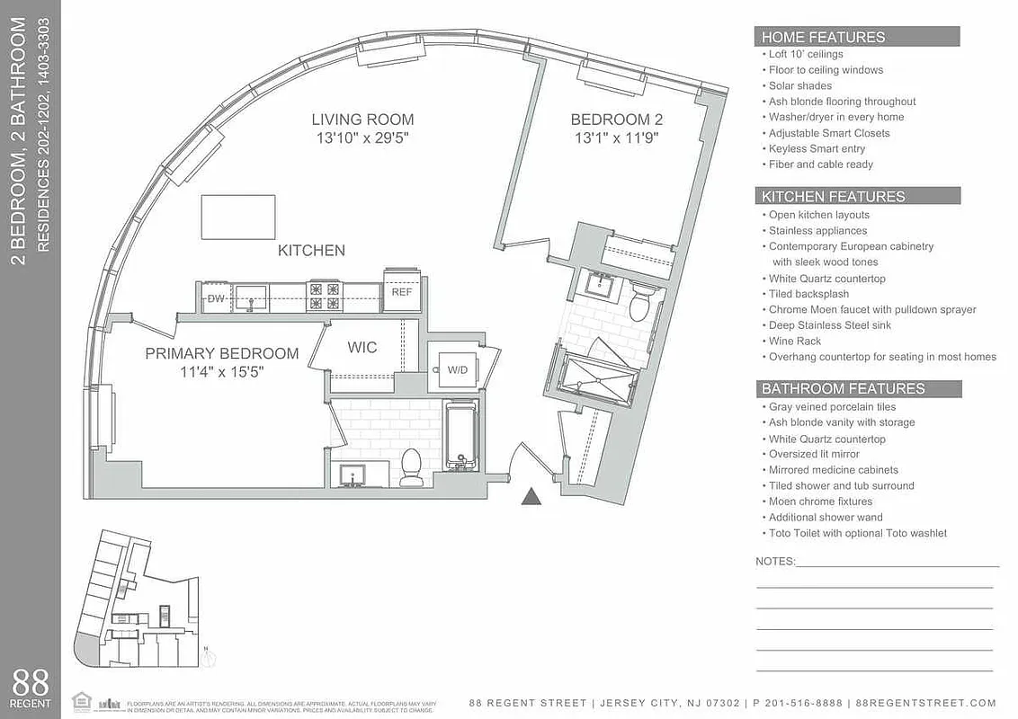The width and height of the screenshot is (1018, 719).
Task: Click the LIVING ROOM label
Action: pyautogui.click(x=362, y=119)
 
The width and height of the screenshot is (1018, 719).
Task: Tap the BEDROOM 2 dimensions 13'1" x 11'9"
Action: pyautogui.click(x=616, y=138)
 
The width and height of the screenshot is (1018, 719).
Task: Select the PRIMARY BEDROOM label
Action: pyautogui.click(x=221, y=353)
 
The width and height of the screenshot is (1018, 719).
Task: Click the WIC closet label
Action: pyautogui.click(x=362, y=347)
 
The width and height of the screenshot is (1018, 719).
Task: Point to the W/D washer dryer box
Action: pyautogui.click(x=457, y=369)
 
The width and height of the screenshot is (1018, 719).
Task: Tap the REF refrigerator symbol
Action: pyautogui.click(x=401, y=292)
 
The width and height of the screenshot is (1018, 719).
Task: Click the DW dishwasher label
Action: pyautogui.click(x=216, y=297)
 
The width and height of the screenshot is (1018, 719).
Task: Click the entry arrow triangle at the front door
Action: pyautogui.click(x=531, y=495)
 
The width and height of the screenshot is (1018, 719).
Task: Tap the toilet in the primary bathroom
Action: pyautogui.click(x=411, y=466)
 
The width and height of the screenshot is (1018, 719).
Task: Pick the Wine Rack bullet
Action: pyautogui.click(x=795, y=342)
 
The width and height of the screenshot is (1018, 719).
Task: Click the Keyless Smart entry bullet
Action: pyautogui.click(x=817, y=148)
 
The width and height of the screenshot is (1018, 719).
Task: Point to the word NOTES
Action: pyautogui.click(x=775, y=562)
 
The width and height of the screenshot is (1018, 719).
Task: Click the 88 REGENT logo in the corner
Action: pyautogui.click(x=31, y=688)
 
